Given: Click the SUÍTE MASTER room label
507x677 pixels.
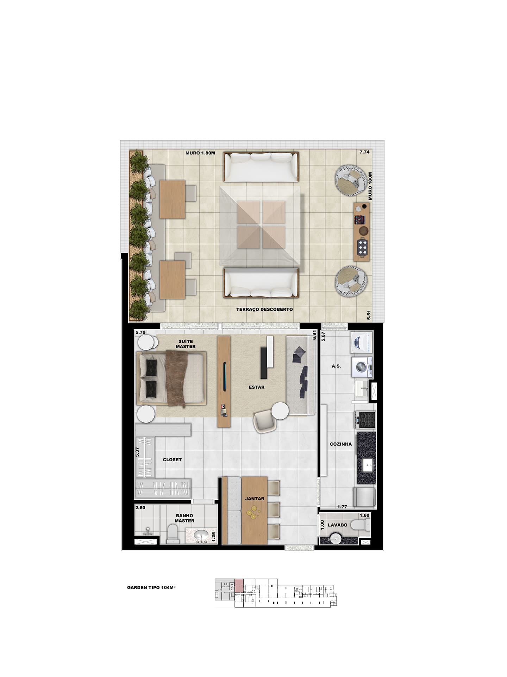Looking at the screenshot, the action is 186,344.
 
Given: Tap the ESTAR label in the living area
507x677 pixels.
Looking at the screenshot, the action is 256,387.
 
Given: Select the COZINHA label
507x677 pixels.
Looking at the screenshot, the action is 340,444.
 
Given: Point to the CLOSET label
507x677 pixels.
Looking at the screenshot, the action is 172,460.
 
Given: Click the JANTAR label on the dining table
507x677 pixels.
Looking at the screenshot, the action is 255,499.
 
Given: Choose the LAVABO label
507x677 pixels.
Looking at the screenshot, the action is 337,525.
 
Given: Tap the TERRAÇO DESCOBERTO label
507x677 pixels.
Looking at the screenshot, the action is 264,309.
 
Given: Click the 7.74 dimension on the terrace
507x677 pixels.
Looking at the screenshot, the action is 364,152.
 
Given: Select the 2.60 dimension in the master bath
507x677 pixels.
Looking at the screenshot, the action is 140,508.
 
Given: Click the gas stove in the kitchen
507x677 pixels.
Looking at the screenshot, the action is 365,420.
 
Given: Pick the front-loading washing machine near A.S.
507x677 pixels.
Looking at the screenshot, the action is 362,367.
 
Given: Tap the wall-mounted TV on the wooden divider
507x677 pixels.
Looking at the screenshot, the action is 225,376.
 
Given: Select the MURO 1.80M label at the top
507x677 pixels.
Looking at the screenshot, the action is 200,153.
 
